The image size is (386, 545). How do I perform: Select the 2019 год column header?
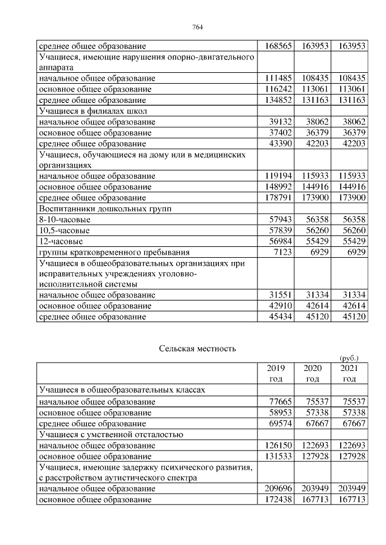tap(275, 373)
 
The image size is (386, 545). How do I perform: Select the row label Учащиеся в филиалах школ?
tap(93, 111)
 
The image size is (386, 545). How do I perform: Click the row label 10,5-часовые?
tap(65, 230)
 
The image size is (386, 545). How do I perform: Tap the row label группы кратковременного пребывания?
tap(114, 252)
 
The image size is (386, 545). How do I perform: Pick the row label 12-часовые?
tap(61, 241)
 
